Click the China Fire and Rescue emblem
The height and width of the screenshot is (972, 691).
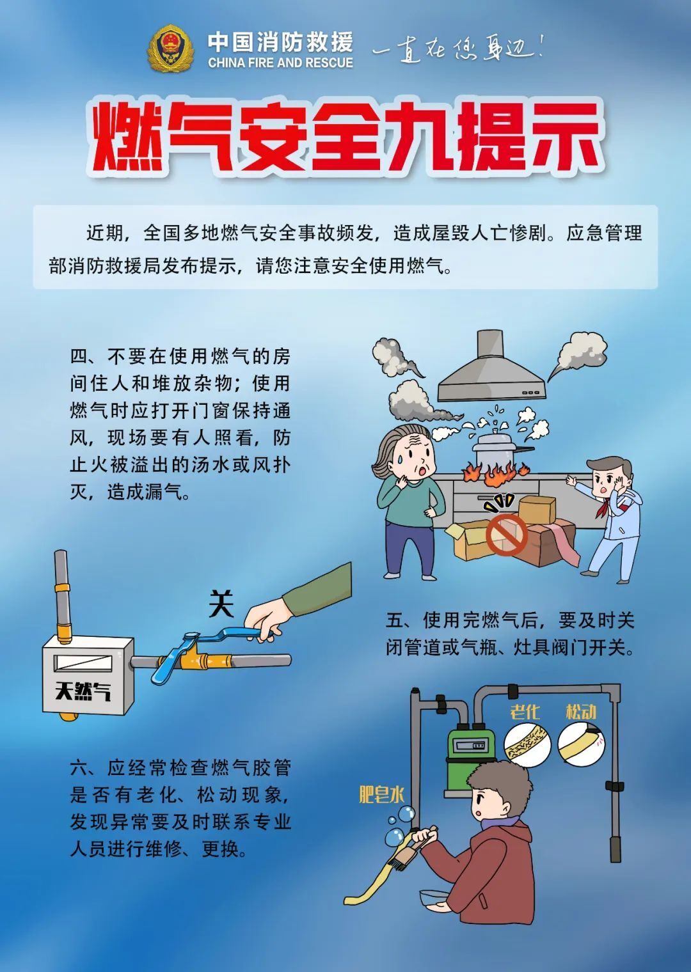coord(170,49)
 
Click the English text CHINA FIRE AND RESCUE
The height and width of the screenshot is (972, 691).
coord(280,63)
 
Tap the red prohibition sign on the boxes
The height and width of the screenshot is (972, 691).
coord(505,535)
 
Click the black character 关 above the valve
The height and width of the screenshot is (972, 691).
coord(221,603)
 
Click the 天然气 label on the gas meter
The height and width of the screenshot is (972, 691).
coord(83,691)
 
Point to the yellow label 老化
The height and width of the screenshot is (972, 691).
coord(525,712)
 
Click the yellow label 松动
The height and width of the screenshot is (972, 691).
coord(580,712)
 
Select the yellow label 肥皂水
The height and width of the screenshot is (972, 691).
coord(381,794)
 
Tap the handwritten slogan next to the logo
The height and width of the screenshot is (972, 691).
coord(457,49)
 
